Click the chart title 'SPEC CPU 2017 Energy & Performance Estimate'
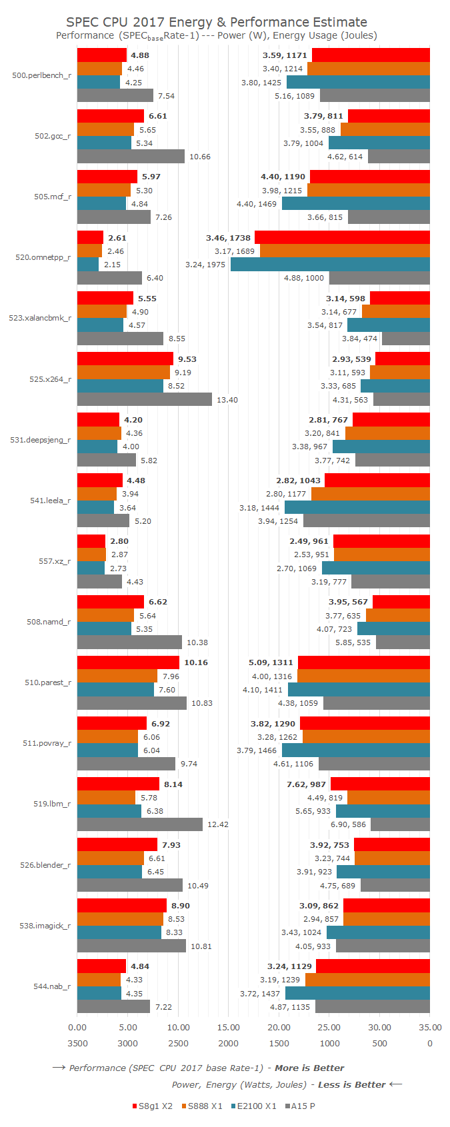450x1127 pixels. tap(217, 22)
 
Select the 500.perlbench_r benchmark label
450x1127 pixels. tap(41, 75)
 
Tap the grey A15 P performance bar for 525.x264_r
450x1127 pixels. tap(145, 400)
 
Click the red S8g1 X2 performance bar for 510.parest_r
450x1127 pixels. tap(128, 662)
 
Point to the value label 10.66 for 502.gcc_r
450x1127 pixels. tap(200, 157)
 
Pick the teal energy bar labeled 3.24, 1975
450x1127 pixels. tap(330, 265)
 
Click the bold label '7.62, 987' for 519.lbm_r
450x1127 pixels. tap(306, 784)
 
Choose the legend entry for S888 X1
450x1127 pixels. tap(201, 1106)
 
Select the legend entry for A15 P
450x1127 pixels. tap(300, 1106)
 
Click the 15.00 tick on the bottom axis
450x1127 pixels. tap(229, 1027)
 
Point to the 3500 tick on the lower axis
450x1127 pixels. tap(77, 1043)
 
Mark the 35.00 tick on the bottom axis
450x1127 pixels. tap(430, 1027)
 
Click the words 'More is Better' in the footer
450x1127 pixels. tap(309, 1068)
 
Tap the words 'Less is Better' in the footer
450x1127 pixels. tap(351, 1084)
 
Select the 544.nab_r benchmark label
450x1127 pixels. tap(52, 986)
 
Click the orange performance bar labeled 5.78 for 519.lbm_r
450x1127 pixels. tap(106, 798)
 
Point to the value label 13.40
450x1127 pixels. tap(227, 400)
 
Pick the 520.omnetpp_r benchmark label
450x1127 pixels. tap(43, 257)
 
